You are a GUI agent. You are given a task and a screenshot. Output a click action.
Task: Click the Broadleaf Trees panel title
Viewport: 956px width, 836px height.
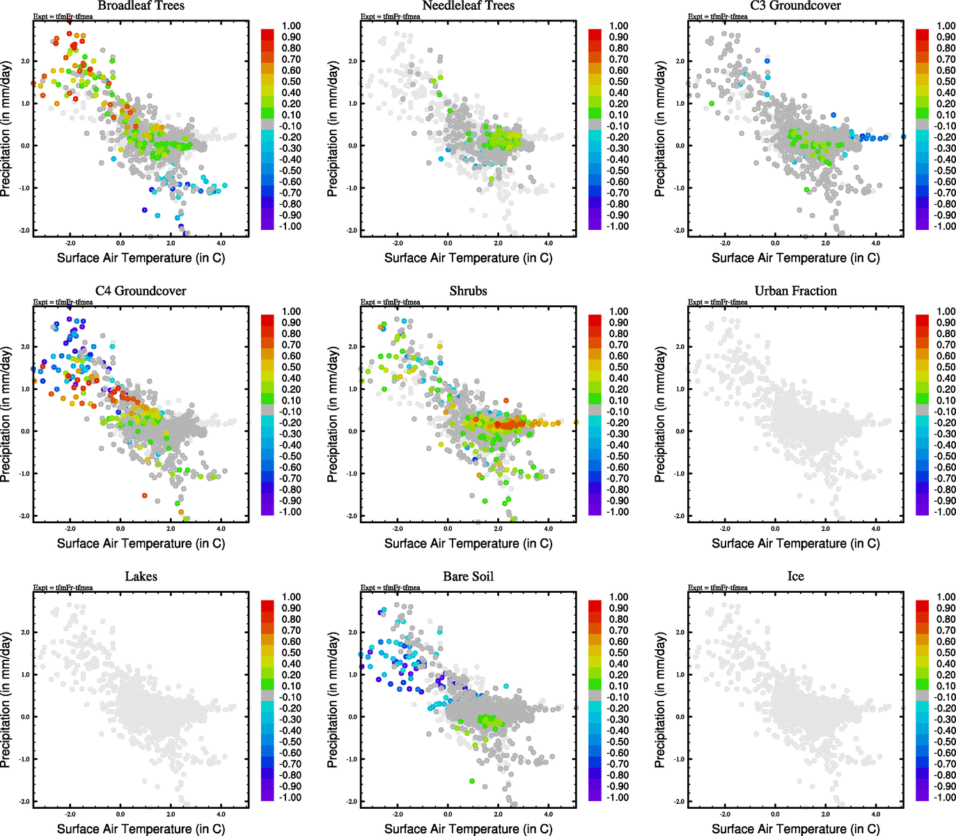click(x=141, y=6)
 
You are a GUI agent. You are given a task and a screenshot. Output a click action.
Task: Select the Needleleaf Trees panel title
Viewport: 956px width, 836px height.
click(x=468, y=6)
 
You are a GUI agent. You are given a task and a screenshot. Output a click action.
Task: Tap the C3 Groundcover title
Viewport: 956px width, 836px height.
click(x=795, y=6)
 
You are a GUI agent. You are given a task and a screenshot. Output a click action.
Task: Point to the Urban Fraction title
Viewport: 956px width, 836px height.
click(x=795, y=291)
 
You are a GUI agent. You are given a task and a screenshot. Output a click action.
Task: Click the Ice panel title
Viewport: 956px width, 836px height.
click(x=795, y=577)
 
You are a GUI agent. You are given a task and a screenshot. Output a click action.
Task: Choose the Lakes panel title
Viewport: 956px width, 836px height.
click(x=141, y=577)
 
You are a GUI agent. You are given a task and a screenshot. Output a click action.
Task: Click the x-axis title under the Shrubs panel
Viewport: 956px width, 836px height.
click(x=468, y=543)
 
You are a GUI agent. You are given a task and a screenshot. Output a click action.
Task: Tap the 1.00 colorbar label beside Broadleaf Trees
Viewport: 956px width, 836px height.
click(x=291, y=26)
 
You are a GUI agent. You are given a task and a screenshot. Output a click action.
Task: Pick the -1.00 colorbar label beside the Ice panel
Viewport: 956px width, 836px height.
click(x=945, y=797)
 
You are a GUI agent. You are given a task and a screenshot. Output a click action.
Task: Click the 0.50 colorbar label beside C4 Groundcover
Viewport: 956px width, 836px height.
click(x=291, y=367)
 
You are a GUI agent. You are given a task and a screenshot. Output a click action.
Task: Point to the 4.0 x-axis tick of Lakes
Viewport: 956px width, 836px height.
click(x=221, y=814)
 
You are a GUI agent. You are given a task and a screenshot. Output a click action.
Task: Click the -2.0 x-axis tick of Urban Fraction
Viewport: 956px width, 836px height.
click(x=725, y=528)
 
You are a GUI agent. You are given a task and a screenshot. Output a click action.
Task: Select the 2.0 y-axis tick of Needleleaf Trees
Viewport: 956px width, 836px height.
click(x=352, y=61)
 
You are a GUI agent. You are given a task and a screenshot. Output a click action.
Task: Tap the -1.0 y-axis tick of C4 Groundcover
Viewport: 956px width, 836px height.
click(x=24, y=474)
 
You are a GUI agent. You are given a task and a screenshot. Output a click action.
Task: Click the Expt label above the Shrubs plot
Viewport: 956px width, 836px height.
click(x=390, y=302)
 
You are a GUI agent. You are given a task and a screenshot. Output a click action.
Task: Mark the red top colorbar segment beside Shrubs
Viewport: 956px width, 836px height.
click(x=595, y=320)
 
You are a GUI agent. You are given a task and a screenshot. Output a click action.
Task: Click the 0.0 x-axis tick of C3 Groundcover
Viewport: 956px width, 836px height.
click(x=775, y=243)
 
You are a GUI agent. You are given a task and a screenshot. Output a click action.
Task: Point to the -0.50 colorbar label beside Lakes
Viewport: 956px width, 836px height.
click(x=291, y=742)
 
